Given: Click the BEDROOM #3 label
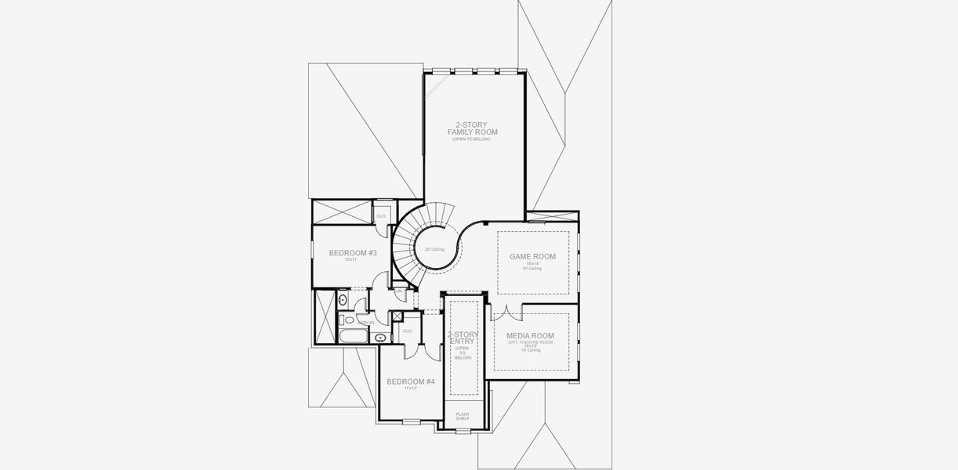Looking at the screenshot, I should [x=353, y=253].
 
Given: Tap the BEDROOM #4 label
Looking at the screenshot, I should [x=410, y=381].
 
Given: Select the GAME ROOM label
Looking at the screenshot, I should [x=532, y=256].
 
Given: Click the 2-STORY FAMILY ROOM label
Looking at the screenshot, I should [x=472, y=128].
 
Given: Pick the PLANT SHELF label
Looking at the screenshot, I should [x=463, y=416].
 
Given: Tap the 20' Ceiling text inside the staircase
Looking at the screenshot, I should [x=434, y=249].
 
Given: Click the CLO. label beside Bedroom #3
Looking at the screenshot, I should [x=382, y=215].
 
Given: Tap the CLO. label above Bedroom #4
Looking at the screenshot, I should [x=408, y=331].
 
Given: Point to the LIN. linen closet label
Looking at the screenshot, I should [x=398, y=291].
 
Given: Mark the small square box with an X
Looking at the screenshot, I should [x=397, y=316].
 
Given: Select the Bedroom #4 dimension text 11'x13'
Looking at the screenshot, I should [x=410, y=389].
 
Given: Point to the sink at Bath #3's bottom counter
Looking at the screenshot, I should [x=381, y=338].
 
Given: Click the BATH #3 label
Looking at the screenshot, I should [x=366, y=322].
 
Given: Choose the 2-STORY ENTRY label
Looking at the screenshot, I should [x=463, y=339].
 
